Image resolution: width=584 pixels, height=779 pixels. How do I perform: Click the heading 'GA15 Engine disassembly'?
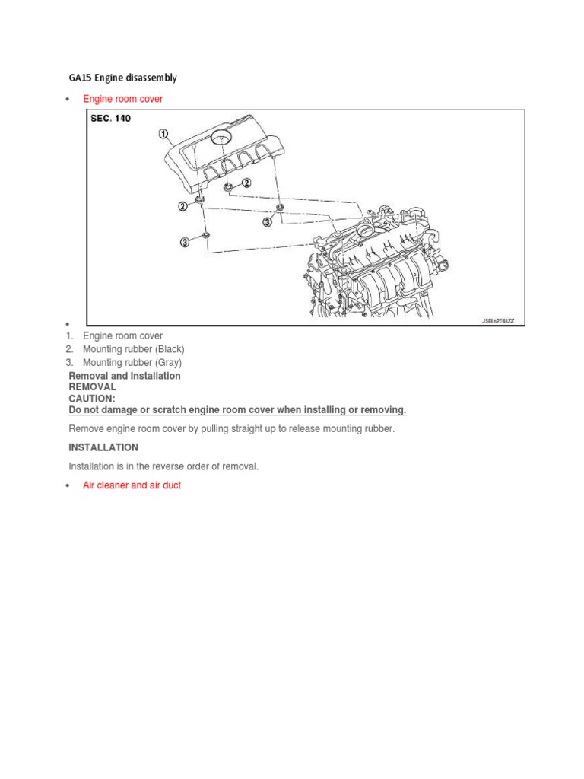(x=122, y=78)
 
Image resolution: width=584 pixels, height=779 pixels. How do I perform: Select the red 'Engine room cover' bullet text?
(x=122, y=99)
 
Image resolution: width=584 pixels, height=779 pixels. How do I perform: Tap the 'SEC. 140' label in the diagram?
(x=110, y=119)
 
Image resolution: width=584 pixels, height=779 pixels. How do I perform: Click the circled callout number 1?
(x=163, y=135)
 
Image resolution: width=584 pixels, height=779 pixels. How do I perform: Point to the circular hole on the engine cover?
(x=221, y=138)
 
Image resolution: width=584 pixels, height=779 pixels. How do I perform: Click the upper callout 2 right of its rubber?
(x=246, y=183)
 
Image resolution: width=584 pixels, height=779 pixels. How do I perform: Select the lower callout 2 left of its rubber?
(x=182, y=205)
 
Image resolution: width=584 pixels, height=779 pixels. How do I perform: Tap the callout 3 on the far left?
(x=185, y=242)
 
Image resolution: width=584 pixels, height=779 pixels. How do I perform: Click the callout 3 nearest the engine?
(x=267, y=221)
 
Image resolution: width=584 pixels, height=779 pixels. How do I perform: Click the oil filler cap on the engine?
(x=367, y=229)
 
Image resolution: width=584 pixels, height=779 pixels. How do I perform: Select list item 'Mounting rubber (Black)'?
(x=133, y=349)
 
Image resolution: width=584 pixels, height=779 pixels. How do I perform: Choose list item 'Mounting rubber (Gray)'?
(x=132, y=363)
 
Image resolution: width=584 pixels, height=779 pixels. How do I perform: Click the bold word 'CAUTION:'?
(x=92, y=399)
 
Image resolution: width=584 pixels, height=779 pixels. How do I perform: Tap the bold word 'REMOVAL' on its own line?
(x=92, y=387)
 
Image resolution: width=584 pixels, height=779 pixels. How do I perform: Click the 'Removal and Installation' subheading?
(x=125, y=376)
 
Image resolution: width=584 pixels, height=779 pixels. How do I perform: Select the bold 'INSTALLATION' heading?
(x=103, y=447)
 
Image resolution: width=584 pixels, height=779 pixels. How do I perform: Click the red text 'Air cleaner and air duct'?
(x=132, y=485)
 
